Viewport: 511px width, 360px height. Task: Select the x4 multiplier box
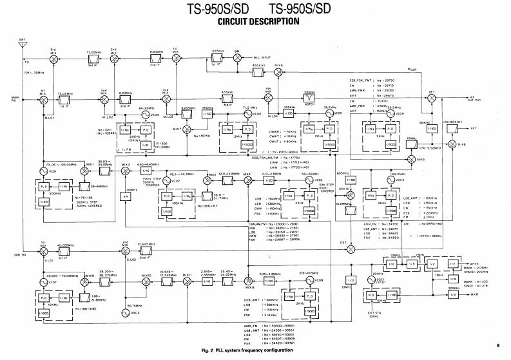(x=126, y=196)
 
